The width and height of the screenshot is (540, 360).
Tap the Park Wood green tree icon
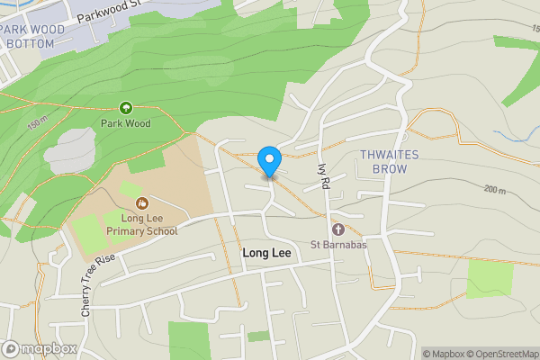[x=125, y=107]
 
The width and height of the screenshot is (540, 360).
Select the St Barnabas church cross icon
[x=338, y=229]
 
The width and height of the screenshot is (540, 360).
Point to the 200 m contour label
[x=495, y=189]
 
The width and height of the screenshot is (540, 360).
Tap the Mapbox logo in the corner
[x=39, y=348]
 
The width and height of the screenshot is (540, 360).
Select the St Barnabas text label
[x=338, y=245]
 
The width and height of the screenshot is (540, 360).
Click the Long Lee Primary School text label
[x=142, y=224]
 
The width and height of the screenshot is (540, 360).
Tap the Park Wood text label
[x=125, y=123]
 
